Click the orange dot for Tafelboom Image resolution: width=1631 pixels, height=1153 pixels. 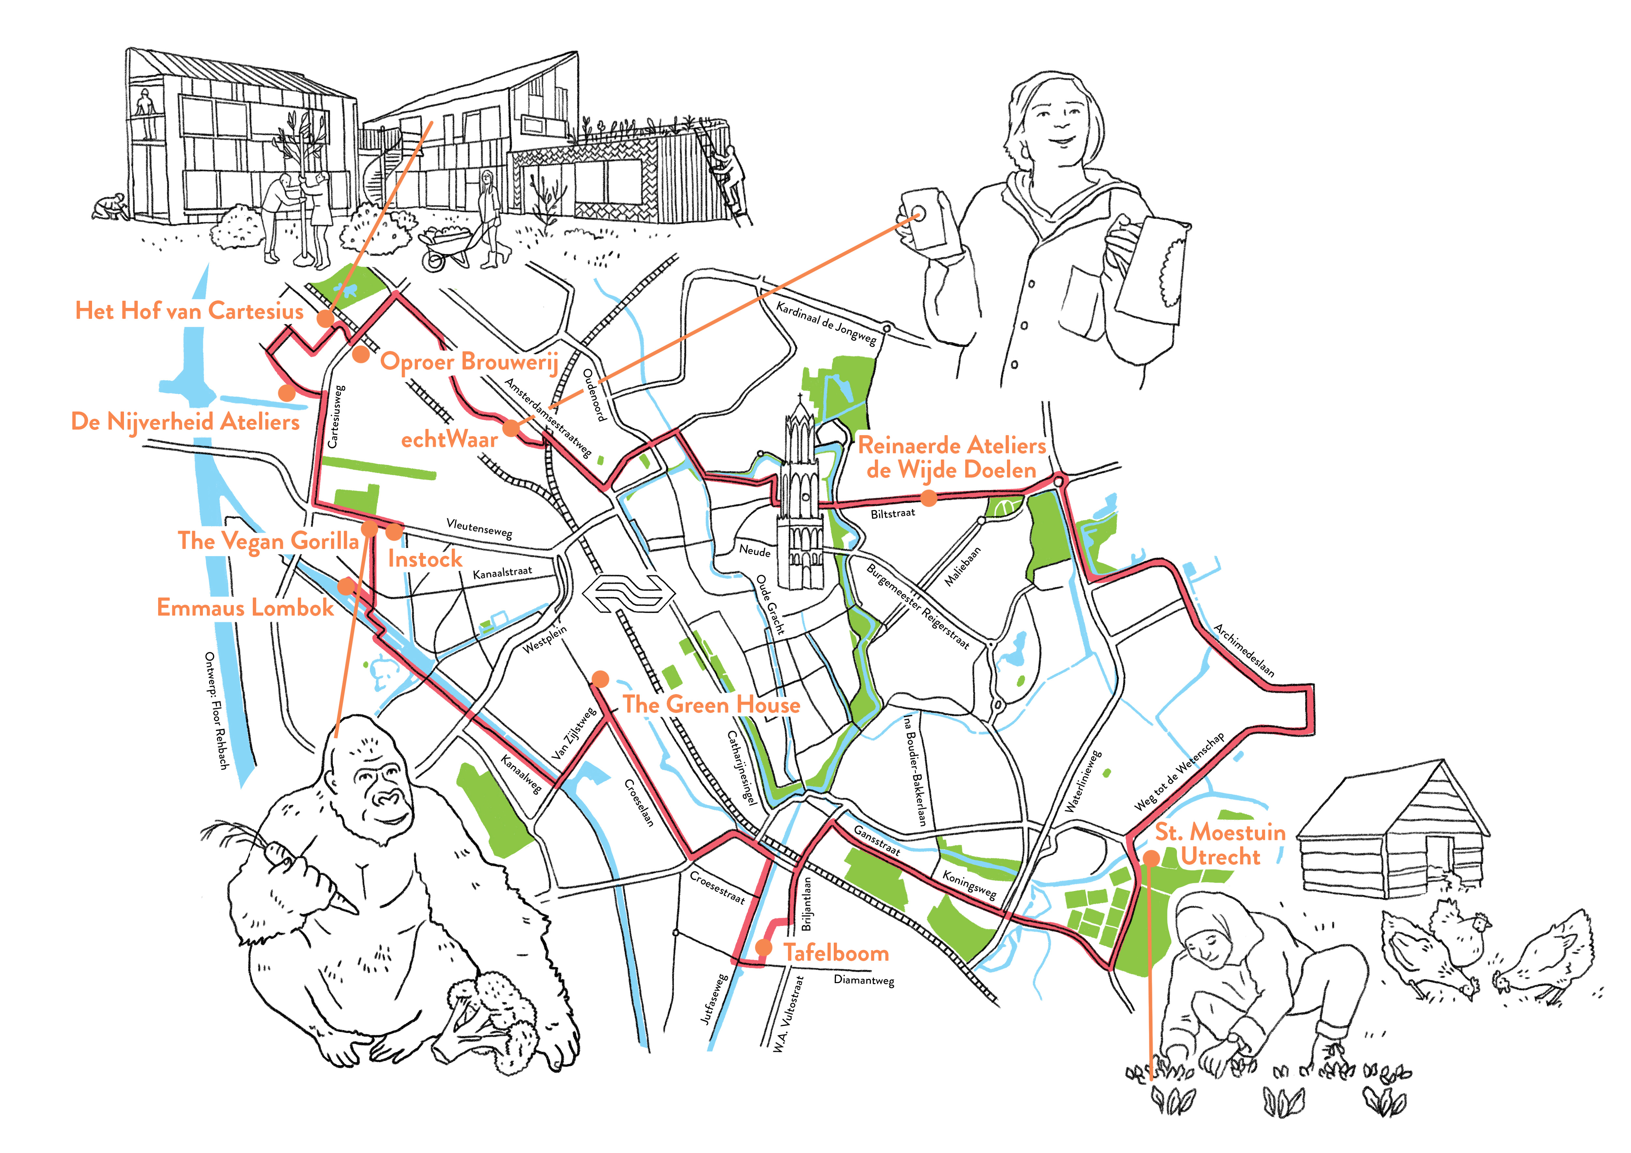[x=764, y=947]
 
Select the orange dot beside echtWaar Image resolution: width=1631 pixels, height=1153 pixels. [x=511, y=428]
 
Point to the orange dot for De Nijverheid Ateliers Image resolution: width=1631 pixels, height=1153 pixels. [x=286, y=392]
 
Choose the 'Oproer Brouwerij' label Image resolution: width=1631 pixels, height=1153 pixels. [x=469, y=362]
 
